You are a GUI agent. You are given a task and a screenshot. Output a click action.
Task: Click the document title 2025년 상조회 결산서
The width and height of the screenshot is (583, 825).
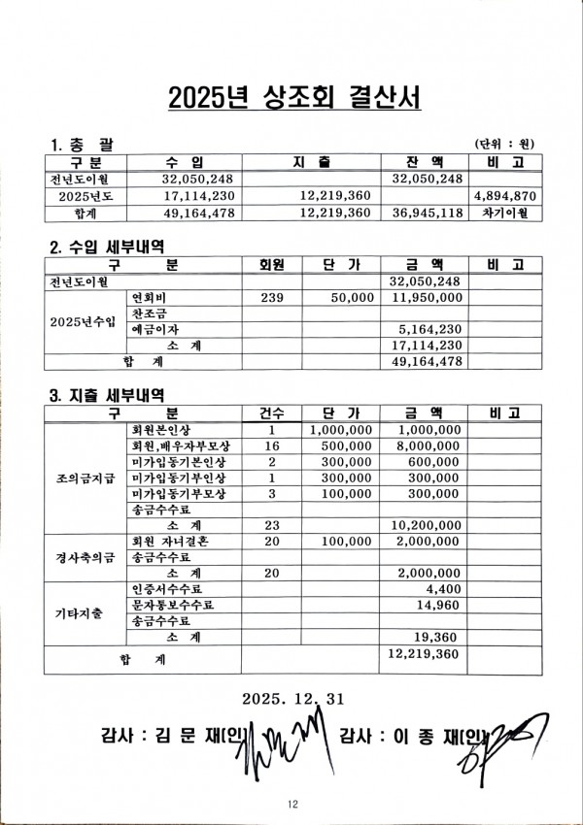click(x=291, y=99)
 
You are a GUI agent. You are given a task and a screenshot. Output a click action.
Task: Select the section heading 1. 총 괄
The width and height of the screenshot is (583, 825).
click(x=81, y=145)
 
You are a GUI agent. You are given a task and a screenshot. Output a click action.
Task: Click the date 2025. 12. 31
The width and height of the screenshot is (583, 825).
click(x=291, y=698)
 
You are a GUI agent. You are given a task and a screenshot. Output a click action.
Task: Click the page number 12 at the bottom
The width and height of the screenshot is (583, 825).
click(x=291, y=803)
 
